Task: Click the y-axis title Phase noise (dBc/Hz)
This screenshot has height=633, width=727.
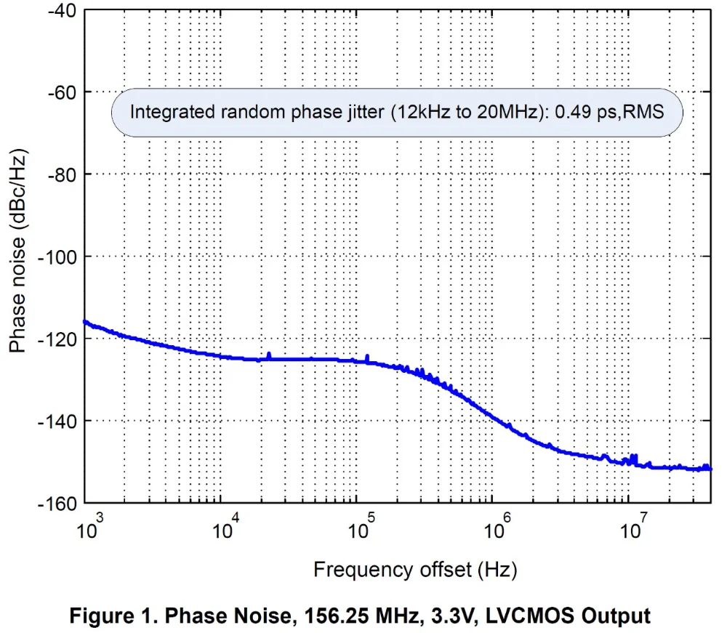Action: [19, 251]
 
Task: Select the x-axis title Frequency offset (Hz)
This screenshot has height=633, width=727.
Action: [415, 570]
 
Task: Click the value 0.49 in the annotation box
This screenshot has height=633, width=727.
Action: [570, 112]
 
